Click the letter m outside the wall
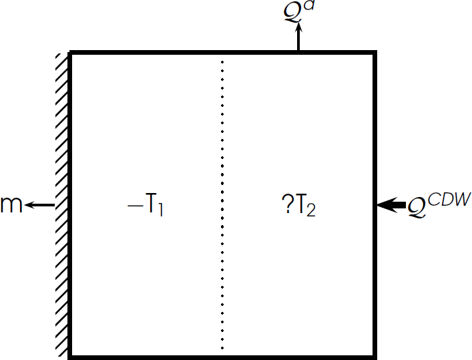[11, 204]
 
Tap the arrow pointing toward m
[40, 205]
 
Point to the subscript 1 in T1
[161, 210]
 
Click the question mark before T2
[285, 206]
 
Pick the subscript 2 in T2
[311, 210]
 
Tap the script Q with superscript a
[292, 13]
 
